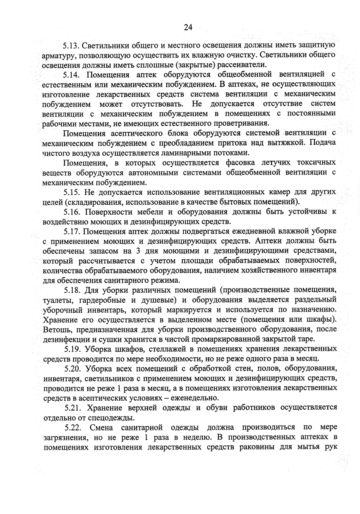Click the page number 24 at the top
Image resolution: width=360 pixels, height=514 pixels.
tap(188, 27)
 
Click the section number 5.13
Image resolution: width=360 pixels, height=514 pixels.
tap(72, 45)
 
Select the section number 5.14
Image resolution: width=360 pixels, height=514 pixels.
tap(72, 75)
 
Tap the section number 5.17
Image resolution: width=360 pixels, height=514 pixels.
tap(72, 231)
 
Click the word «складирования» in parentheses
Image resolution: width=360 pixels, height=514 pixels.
tap(92, 202)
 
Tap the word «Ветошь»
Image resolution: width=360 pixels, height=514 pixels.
tap(56, 330)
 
